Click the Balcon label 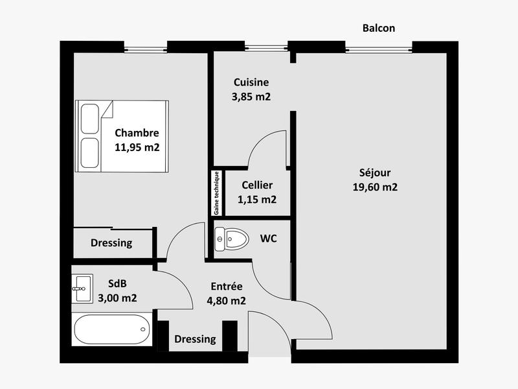(x=379, y=28)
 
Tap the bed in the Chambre (x=122, y=136)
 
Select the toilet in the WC (x=232, y=239)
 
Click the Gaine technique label (x=216, y=193)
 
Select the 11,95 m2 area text (x=137, y=147)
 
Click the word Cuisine (x=251, y=82)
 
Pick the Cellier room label (x=257, y=185)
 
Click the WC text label (x=269, y=239)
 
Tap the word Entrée (x=227, y=287)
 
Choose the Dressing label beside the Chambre (x=111, y=243)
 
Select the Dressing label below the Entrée (x=196, y=339)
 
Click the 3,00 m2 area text (x=117, y=298)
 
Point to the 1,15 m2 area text (x=257, y=200)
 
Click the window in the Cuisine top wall (x=266, y=47)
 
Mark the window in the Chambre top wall (x=146, y=47)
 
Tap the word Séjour (x=375, y=173)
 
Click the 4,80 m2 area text (x=225, y=300)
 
